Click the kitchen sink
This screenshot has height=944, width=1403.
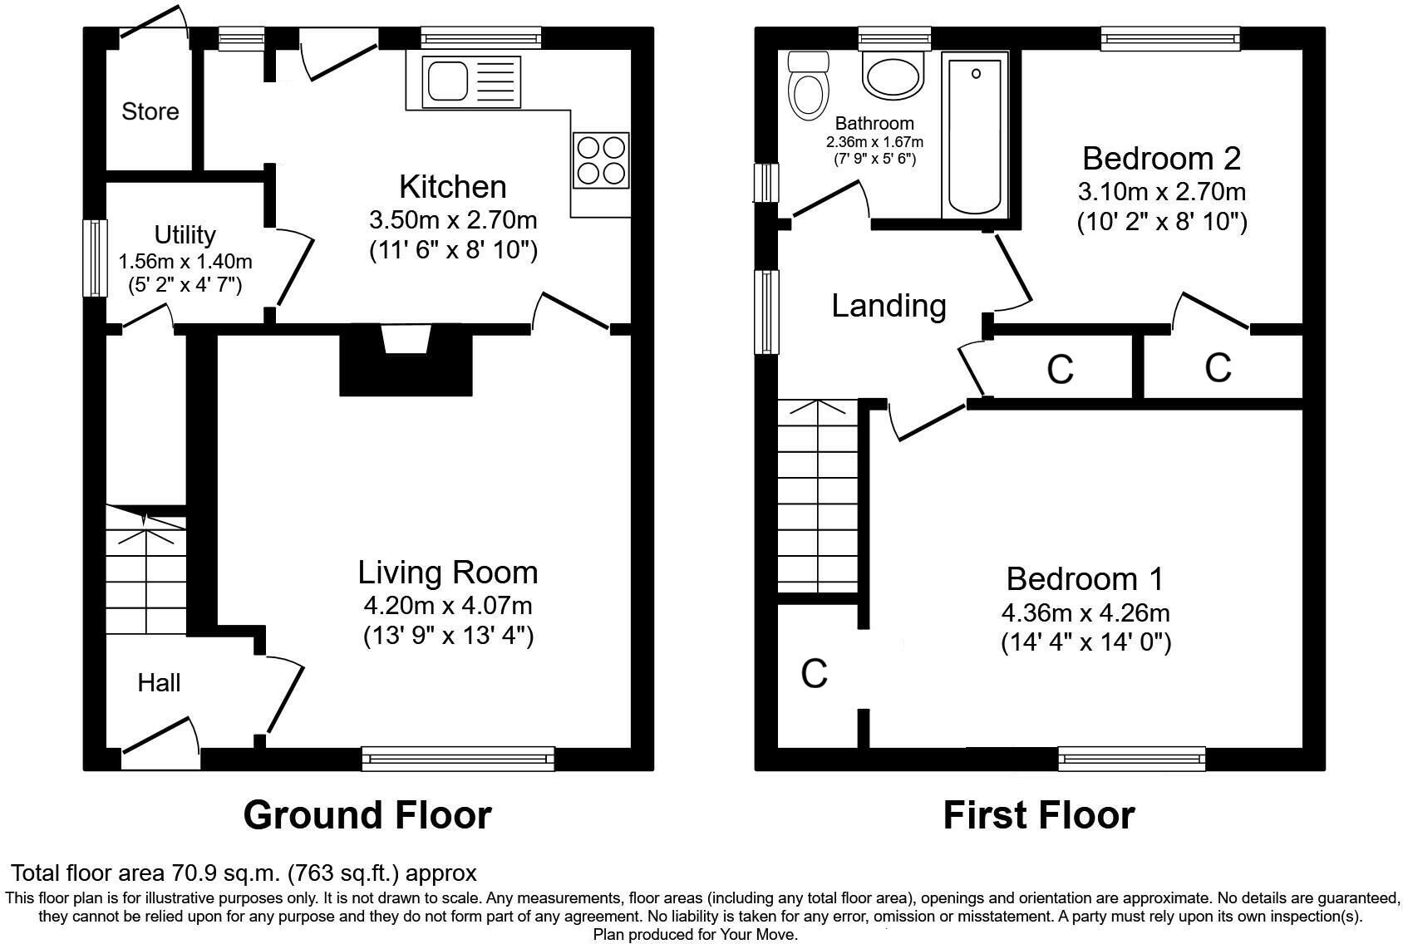tap(470, 82)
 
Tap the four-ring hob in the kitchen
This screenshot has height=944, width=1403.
tap(600, 160)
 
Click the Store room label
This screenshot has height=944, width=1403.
tap(150, 111)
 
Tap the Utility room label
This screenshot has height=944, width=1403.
tap(185, 235)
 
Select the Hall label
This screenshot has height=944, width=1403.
tap(159, 683)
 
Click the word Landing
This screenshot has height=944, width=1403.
tap(889, 307)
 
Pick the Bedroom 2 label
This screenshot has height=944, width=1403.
tap(1161, 157)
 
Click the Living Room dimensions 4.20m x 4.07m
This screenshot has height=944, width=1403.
tap(447, 605)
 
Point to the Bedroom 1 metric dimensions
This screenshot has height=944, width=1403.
tap(1085, 613)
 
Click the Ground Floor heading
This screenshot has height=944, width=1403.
tap(367, 815)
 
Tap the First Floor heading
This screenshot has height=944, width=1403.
tap(1038, 815)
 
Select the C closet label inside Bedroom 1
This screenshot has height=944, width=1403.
tap(815, 673)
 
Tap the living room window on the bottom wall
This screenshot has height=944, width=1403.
tap(458, 758)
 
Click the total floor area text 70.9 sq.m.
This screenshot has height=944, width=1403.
tap(244, 873)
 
